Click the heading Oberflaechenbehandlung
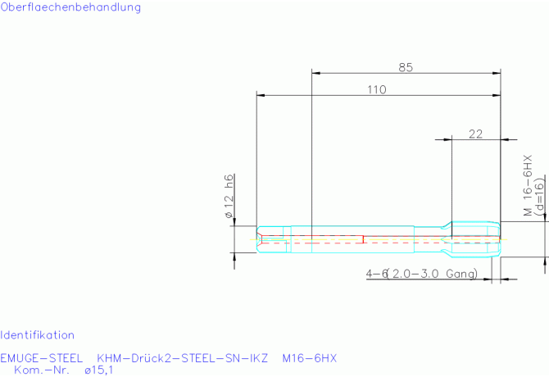(x=70, y=7)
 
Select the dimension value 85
(x=406, y=67)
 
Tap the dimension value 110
(x=377, y=89)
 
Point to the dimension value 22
(x=475, y=134)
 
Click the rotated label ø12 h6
(x=229, y=196)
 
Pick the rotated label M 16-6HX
(x=528, y=185)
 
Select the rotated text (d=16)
(x=540, y=195)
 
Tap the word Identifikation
(x=37, y=335)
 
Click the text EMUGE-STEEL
(x=41, y=358)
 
